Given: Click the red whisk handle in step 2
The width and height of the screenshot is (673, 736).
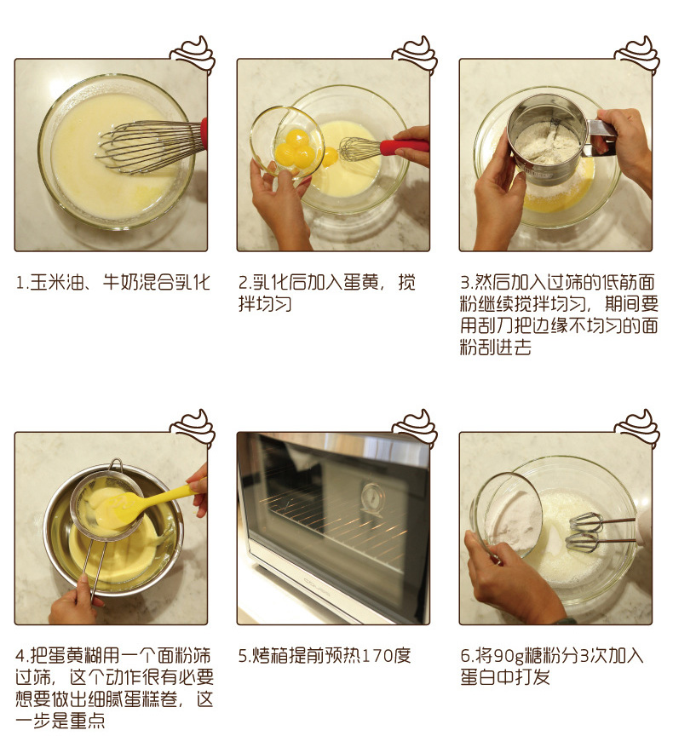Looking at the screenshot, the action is pos(405,147).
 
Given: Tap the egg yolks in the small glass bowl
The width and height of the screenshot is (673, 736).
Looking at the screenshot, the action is pos(295,149).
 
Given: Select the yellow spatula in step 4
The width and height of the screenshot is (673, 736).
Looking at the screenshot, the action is pos(141,504).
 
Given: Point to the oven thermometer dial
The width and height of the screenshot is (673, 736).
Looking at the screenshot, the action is pos(374,499).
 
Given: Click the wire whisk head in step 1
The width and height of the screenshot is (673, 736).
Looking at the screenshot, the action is pos(150,147).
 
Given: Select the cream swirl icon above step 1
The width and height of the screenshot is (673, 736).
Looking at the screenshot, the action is pos(193,54).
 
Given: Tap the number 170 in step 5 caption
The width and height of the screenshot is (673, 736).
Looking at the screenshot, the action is pos(377,656).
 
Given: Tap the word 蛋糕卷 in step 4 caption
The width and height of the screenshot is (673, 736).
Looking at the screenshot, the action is pos(152,699).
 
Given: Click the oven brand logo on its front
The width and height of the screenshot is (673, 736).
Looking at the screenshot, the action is pos(317,588).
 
